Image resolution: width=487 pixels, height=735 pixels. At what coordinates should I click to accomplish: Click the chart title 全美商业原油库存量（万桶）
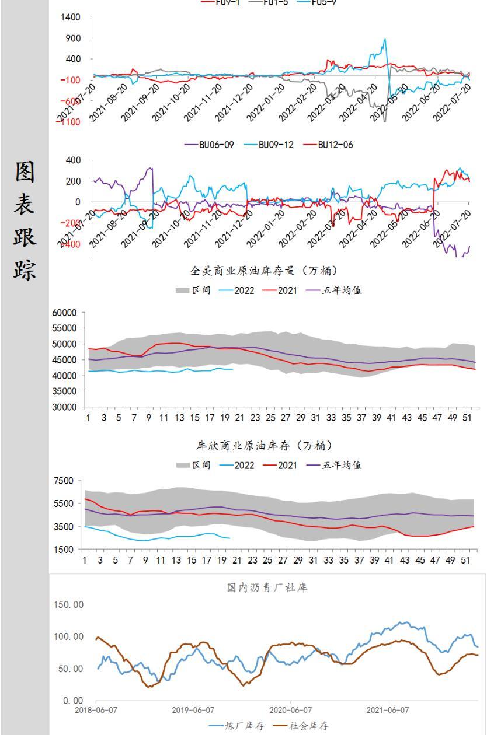click(x=264, y=271)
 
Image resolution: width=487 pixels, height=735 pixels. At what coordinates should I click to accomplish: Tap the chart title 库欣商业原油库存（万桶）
click(x=264, y=446)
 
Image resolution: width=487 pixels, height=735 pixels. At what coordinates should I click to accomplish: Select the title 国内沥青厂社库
click(x=267, y=587)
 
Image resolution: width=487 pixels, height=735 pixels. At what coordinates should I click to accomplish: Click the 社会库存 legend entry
click(x=309, y=726)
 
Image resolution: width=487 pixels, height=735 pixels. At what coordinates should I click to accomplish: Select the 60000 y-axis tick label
click(x=64, y=313)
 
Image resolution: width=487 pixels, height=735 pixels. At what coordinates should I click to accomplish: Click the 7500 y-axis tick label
click(x=63, y=481)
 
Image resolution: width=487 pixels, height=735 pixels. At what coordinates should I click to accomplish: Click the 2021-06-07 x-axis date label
click(x=388, y=710)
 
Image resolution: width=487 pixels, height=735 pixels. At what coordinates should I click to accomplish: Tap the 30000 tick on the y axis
click(x=64, y=407)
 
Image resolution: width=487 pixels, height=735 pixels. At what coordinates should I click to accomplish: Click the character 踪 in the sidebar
click(x=25, y=270)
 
